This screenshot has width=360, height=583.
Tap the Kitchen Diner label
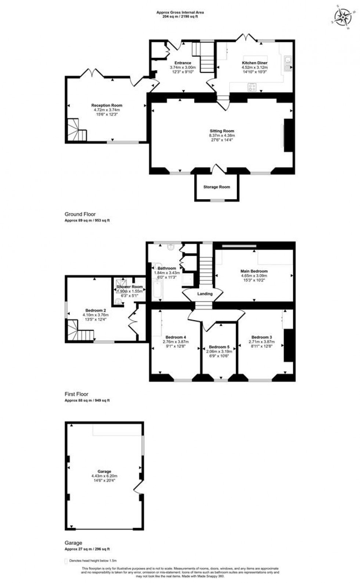click(x=254, y=63)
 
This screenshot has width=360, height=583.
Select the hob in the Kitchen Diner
click(x=252, y=87)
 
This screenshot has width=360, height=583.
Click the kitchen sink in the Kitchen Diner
click(x=287, y=63)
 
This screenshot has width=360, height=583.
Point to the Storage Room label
click(x=217, y=187)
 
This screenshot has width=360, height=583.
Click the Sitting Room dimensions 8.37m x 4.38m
click(x=222, y=135)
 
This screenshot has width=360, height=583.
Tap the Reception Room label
click(x=107, y=105)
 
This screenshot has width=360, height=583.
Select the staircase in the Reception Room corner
click(x=76, y=130)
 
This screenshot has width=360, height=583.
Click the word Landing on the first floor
click(x=205, y=294)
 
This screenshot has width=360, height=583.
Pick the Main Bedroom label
click(x=254, y=271)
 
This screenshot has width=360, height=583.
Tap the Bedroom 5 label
click(x=219, y=347)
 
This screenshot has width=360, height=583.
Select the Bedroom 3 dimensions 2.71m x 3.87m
click(x=262, y=342)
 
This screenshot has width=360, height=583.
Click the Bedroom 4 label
click(x=176, y=337)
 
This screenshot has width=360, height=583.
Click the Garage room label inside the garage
click(x=104, y=471)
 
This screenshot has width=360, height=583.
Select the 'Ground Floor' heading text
click(x=80, y=214)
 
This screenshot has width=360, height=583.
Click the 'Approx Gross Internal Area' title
click(x=180, y=12)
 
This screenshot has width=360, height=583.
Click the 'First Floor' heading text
click(x=76, y=394)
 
